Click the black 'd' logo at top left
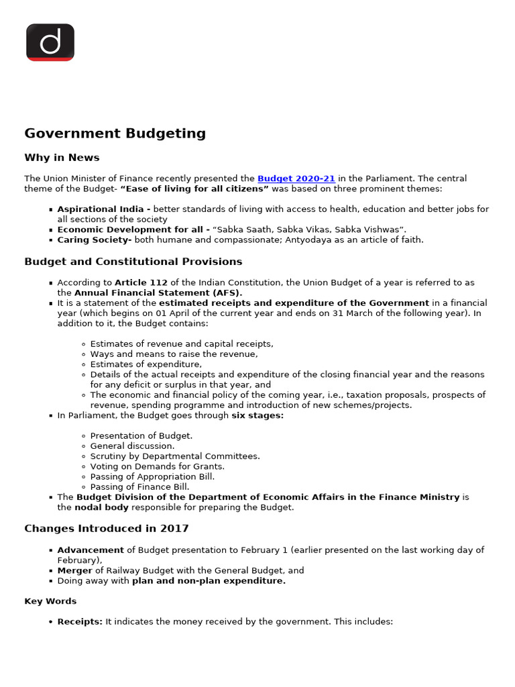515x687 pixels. click(x=50, y=42)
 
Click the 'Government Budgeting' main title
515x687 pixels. click(x=115, y=133)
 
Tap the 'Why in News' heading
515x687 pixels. click(x=62, y=158)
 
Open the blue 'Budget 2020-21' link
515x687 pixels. click(x=296, y=178)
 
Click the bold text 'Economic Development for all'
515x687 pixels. click(x=133, y=229)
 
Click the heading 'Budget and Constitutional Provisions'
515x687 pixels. click(x=133, y=262)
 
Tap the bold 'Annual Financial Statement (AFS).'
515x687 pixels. click(x=158, y=293)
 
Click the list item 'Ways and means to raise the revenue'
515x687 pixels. click(x=174, y=354)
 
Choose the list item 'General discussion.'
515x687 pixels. click(x=132, y=445)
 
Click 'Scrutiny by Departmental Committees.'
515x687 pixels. click(x=174, y=456)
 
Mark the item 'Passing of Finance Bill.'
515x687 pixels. click(x=139, y=486)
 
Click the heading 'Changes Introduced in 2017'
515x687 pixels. click(x=107, y=529)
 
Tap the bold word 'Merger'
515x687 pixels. click(x=74, y=570)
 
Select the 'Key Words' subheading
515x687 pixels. click(x=50, y=601)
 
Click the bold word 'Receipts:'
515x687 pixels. click(x=80, y=622)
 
